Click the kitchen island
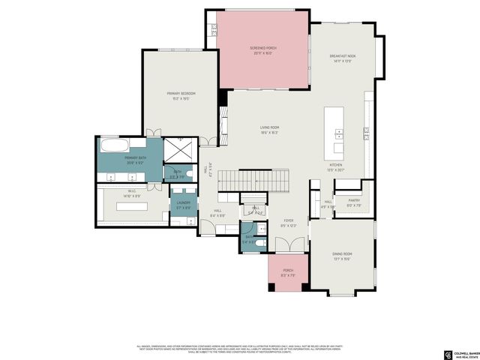[334, 124]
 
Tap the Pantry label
[354, 200]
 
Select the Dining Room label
[342, 254]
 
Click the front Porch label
[287, 271]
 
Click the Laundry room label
[184, 202]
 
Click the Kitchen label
[336, 166]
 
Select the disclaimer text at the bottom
[239, 349]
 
